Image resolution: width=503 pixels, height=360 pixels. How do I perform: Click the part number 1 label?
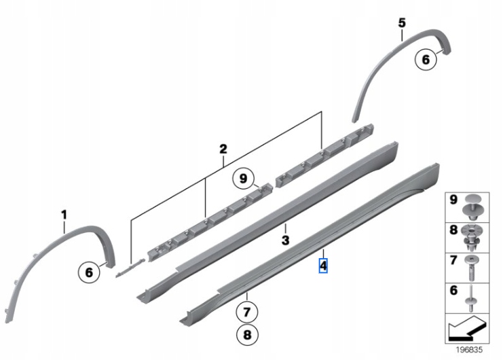tap(64, 215)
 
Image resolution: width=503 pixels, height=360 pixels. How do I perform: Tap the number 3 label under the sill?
tap(286, 240)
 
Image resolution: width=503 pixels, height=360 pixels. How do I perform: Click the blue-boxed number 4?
tap(323, 264)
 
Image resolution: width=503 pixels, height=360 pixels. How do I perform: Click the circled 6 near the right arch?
tap(426, 60)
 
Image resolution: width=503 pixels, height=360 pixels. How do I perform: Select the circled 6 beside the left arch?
tap(88, 272)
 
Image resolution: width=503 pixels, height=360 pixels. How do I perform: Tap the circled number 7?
tap(247, 313)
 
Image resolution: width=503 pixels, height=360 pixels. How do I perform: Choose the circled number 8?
tap(247, 334)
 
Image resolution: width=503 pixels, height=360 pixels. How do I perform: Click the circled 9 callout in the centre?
tap(242, 179)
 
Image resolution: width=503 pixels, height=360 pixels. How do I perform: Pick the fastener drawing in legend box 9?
tap(472, 208)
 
